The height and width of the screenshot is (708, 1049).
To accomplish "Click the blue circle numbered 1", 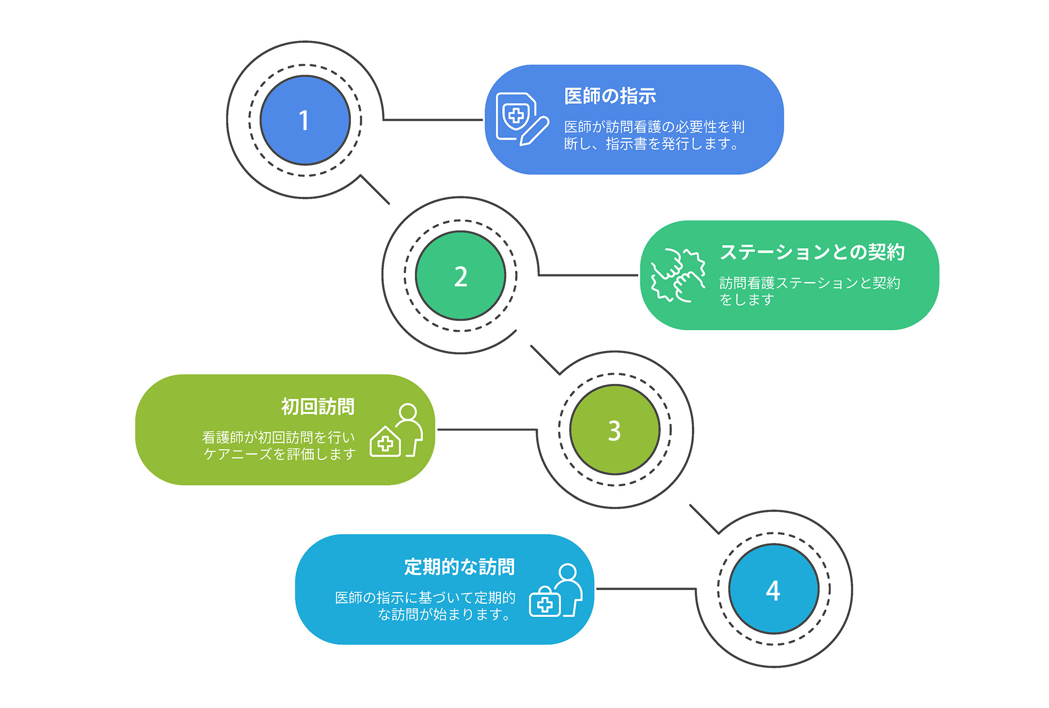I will [305, 120].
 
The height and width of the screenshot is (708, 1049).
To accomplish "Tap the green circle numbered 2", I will [461, 276].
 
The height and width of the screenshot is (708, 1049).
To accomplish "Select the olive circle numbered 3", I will [615, 430].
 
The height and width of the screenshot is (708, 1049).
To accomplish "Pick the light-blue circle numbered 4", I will [774, 589].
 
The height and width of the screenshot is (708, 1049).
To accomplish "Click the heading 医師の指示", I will [610, 96].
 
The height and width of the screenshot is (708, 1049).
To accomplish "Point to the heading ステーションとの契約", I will [812, 252].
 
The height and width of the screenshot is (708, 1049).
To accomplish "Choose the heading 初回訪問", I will [318, 407].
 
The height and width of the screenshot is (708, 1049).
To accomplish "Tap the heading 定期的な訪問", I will [459, 567].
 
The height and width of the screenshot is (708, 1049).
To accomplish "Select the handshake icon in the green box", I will [678, 275].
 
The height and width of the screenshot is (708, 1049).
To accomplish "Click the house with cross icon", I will [386, 442].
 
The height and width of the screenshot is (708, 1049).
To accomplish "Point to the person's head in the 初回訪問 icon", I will [408, 412].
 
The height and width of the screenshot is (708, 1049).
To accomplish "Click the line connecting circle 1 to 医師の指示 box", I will [433, 120].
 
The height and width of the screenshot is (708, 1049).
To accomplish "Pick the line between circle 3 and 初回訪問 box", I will [487, 430].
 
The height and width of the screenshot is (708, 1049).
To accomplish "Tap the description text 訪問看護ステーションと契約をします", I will [809, 291].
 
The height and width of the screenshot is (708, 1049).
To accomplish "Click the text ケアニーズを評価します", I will [280, 454].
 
